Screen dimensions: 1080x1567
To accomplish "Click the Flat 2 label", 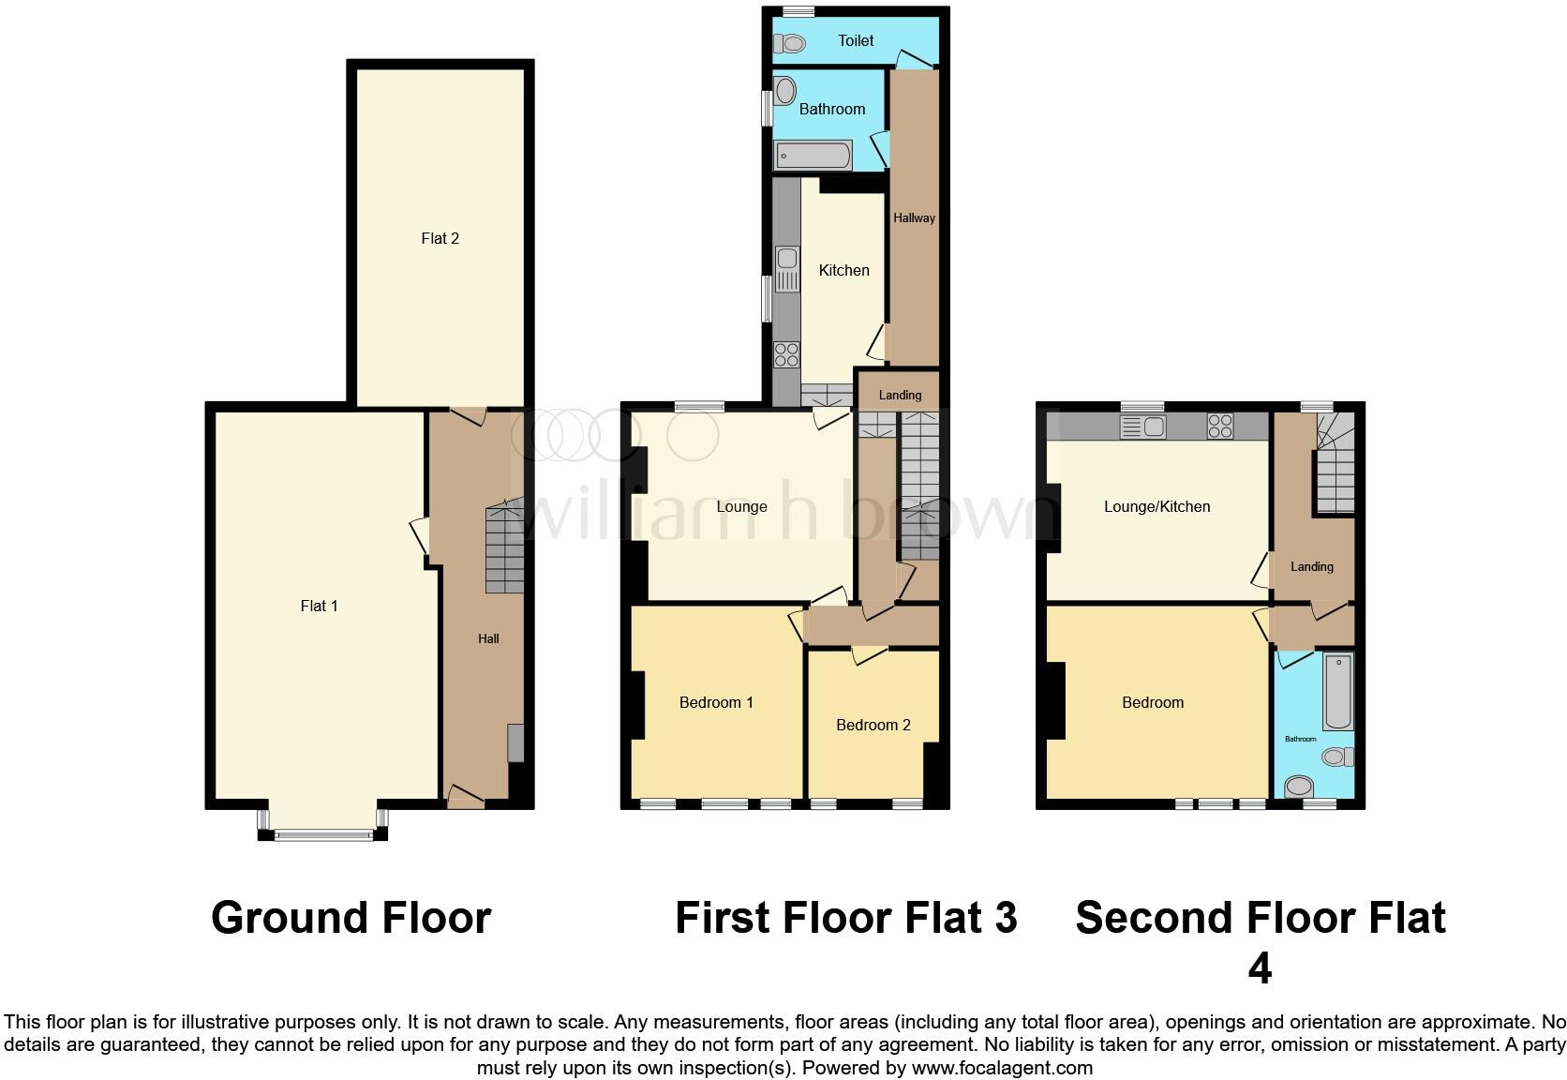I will [x=440, y=238].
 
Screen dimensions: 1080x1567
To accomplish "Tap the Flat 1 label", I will [x=319, y=606].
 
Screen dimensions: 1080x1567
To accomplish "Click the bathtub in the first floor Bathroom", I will [x=813, y=156].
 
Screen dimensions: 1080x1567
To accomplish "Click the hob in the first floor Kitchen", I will [x=786, y=354].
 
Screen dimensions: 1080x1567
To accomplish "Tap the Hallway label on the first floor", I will [x=914, y=217].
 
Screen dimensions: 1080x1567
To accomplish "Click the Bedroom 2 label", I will [x=873, y=725].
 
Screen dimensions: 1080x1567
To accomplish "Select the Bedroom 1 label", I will [x=716, y=702].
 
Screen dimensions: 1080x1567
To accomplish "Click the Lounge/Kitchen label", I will [x=1157, y=506].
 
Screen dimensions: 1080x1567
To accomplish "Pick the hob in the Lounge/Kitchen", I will [x=1219, y=427].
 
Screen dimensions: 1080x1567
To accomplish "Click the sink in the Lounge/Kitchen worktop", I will [x=1142, y=427].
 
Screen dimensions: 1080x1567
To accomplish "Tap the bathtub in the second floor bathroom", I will [x=1337, y=692].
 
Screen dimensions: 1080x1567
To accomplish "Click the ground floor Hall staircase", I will [x=504, y=550].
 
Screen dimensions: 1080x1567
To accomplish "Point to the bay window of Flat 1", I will [x=323, y=832].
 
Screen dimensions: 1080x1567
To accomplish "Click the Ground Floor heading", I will [x=351, y=917].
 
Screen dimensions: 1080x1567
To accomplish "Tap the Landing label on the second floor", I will [x=1311, y=566].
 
